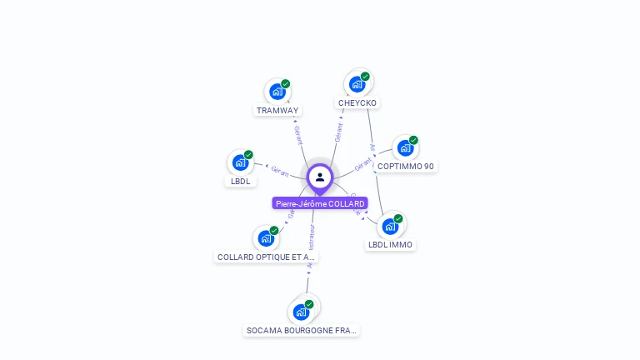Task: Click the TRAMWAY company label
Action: tap(277, 110)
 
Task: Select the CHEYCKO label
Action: tap(357, 103)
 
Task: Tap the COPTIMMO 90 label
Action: tap(406, 167)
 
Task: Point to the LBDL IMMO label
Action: tap(390, 245)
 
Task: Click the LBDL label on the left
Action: tap(240, 181)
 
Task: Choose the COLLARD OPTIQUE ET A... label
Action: tap(266, 257)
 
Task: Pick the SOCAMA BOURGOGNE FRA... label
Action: tap(302, 331)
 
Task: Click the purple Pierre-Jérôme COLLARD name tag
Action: tap(320, 203)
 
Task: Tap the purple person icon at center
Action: tap(320, 177)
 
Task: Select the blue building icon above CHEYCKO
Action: tap(357, 83)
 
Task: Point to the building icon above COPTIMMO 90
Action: tap(404, 148)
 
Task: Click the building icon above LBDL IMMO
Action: tap(389, 226)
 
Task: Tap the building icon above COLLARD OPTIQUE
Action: tap(265, 238)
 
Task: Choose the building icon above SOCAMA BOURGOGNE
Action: tap(301, 312)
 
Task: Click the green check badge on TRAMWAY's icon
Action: tap(286, 83)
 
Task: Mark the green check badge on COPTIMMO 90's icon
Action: tap(413, 140)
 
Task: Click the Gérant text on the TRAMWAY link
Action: tap(298, 133)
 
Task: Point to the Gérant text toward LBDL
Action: tap(280, 171)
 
